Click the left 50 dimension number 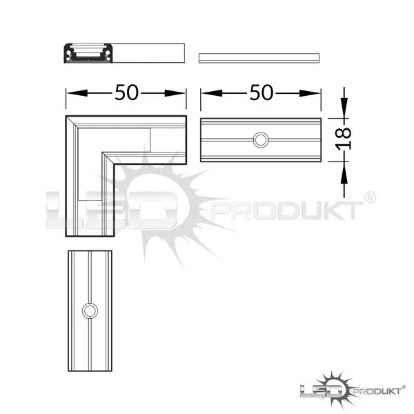pos(126,92)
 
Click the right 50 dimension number pos(262,92)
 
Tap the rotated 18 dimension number pos(344,139)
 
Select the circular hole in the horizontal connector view pos(261,140)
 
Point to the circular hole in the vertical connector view pos(90,310)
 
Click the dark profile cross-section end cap pos(89,53)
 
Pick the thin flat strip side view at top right pos(259,58)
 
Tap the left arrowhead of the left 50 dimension pos(77,93)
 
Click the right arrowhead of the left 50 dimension pos(175,93)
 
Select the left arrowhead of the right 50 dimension pos(212,93)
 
